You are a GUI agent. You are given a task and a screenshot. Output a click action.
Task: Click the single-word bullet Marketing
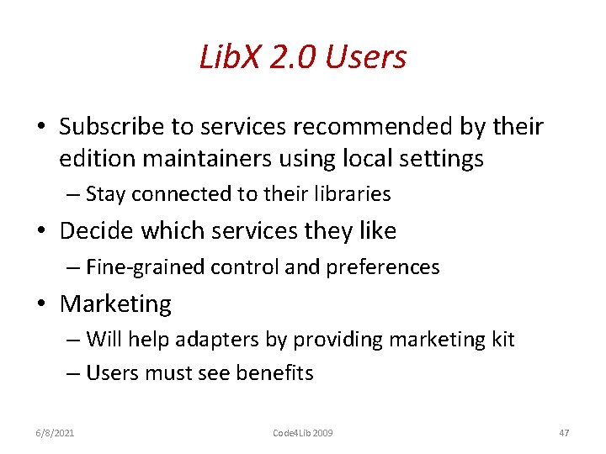tap(115, 304)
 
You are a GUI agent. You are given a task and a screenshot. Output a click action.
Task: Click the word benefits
tap(274, 373)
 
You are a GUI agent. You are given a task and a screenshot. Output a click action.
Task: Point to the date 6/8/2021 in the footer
tap(55, 433)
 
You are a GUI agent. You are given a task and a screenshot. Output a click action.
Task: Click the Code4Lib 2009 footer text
tap(302, 433)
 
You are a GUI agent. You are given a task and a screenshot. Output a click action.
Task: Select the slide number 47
tap(564, 433)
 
